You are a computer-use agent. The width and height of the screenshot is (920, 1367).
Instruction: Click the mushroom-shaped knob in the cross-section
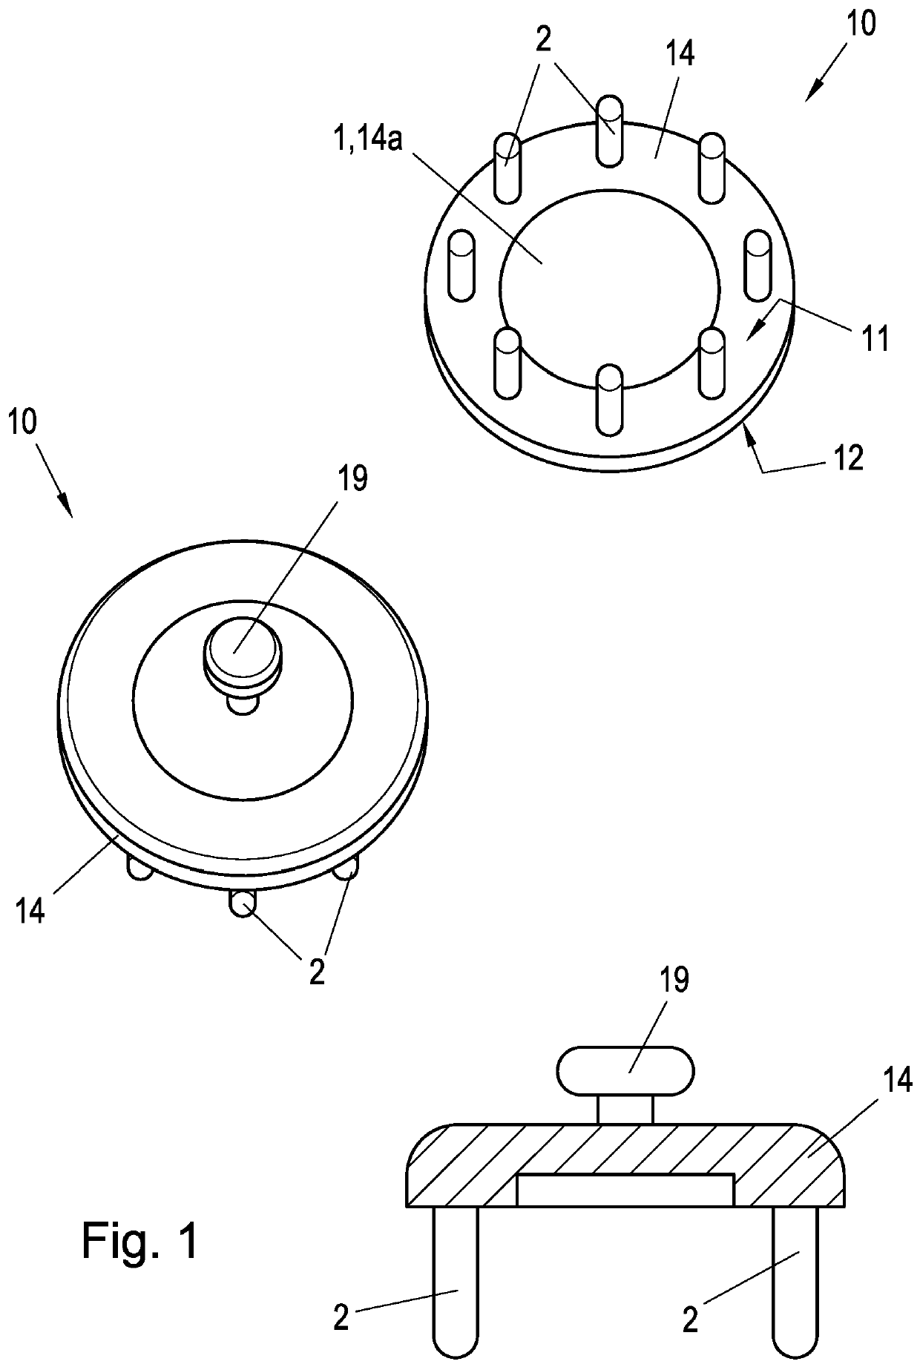point(625,1070)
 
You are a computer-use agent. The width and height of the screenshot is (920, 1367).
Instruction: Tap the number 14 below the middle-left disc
point(30,909)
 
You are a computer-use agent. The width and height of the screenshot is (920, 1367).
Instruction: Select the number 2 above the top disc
point(544,41)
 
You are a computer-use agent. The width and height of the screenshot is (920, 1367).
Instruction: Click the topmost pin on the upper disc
point(609,131)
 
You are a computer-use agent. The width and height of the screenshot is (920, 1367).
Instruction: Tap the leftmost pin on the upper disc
point(461,266)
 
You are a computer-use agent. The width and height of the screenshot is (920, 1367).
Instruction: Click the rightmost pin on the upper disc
point(758,266)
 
